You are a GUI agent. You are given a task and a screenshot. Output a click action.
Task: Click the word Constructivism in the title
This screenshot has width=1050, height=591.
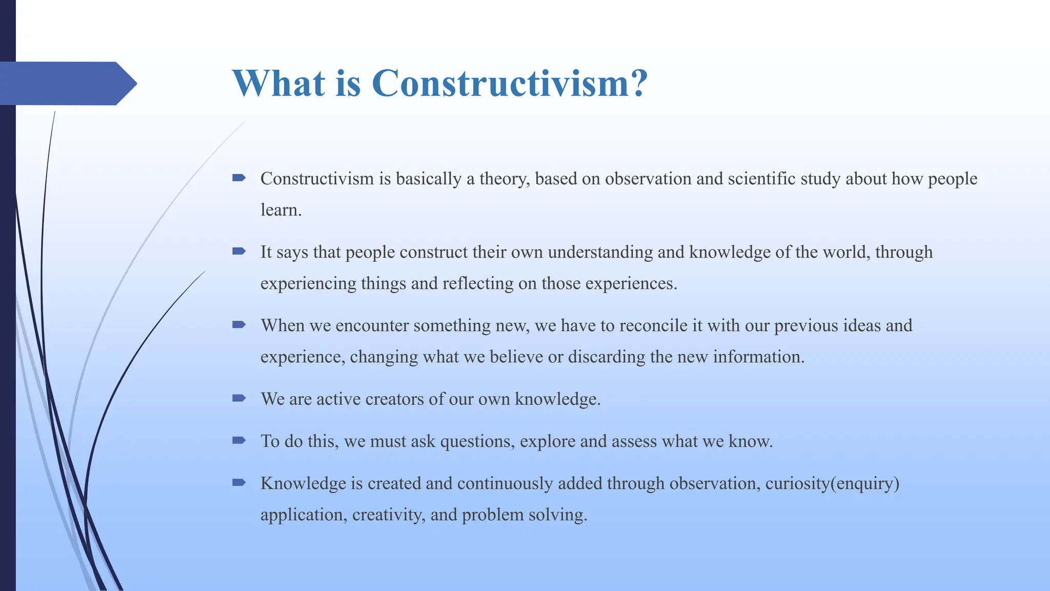(499, 83)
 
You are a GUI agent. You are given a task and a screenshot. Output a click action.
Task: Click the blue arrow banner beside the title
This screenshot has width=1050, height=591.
(67, 83)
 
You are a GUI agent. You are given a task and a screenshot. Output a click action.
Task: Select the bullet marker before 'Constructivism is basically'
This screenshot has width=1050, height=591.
(239, 178)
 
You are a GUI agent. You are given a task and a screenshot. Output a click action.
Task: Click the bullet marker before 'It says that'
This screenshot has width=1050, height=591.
(239, 251)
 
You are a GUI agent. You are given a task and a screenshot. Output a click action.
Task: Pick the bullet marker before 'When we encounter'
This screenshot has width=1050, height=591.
(239, 325)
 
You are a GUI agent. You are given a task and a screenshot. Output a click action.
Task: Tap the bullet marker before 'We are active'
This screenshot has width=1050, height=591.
(239, 398)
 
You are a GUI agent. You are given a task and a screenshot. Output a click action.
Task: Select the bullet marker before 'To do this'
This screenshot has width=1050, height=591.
(239, 440)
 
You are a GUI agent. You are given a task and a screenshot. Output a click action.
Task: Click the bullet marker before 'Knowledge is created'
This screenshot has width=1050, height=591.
(239, 482)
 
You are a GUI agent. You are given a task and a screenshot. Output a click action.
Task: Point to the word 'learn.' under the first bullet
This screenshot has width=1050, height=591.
(280, 210)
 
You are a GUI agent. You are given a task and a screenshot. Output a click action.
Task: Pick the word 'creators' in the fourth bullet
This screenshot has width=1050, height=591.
(394, 399)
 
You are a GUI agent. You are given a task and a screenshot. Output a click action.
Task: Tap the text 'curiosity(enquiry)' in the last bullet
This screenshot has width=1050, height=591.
(832, 484)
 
